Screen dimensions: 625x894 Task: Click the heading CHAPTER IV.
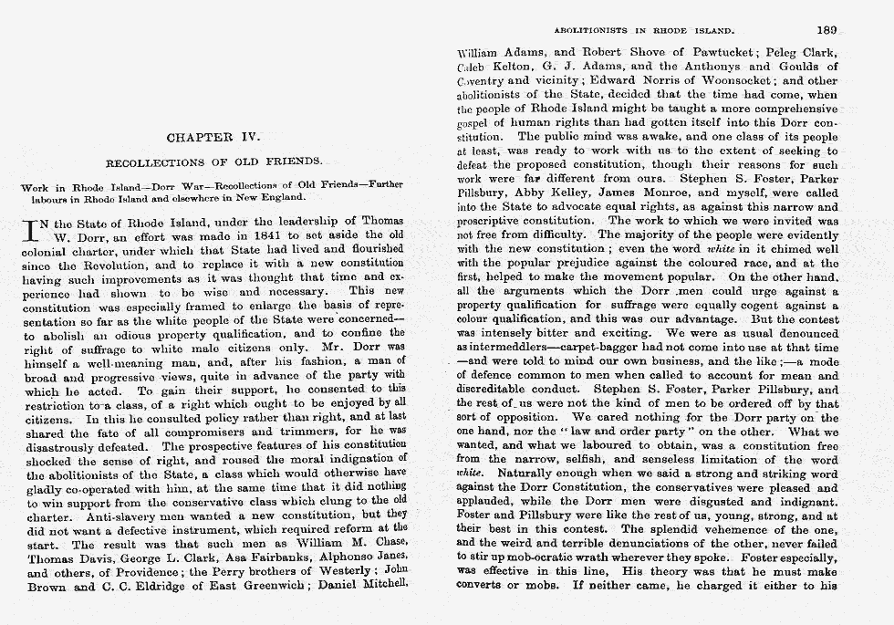click(213, 139)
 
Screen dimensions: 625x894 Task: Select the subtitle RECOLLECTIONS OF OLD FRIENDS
click(213, 162)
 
